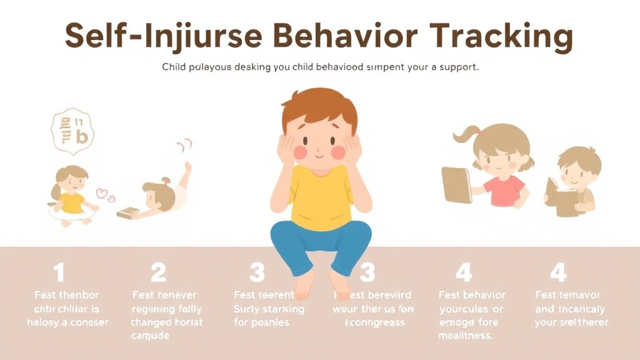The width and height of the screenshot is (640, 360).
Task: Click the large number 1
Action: click(x=59, y=273)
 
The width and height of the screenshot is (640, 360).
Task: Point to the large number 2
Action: click(x=159, y=273)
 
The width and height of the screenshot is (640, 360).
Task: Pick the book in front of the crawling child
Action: click(x=127, y=212)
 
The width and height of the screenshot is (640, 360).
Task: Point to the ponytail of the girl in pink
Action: click(x=469, y=134)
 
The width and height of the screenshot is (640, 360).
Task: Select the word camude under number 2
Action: click(x=150, y=336)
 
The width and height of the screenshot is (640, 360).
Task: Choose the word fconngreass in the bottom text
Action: click(x=375, y=322)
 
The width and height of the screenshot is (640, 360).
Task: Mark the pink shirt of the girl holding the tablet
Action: click(x=505, y=191)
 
